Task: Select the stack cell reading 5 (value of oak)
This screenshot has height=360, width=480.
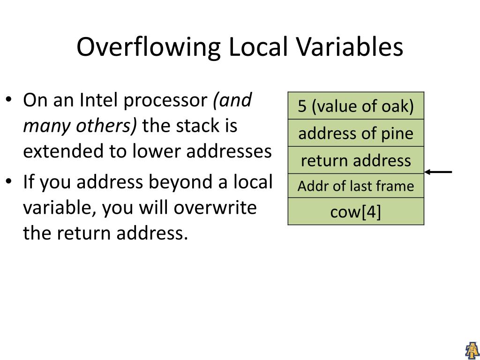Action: coord(356,106)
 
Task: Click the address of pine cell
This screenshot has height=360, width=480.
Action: coord(356,134)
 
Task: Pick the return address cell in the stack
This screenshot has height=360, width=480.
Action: coord(356,161)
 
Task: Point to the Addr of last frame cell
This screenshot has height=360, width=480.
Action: coord(356,187)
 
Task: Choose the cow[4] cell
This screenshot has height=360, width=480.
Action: coord(356,212)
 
